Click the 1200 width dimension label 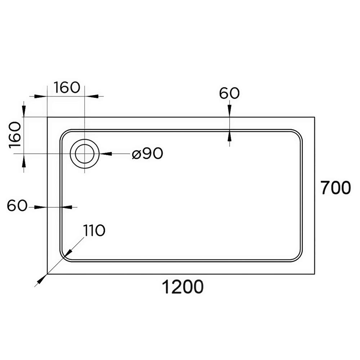[x=183, y=287]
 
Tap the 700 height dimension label [x=336, y=188]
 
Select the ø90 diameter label [x=147, y=153]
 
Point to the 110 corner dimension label [x=94, y=230]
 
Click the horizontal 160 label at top [x=67, y=87]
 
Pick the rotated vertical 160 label [x=15, y=135]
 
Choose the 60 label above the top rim [x=229, y=93]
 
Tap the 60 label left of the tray [x=17, y=206]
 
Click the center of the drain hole [x=85, y=154]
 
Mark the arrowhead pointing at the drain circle [x=105, y=154]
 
